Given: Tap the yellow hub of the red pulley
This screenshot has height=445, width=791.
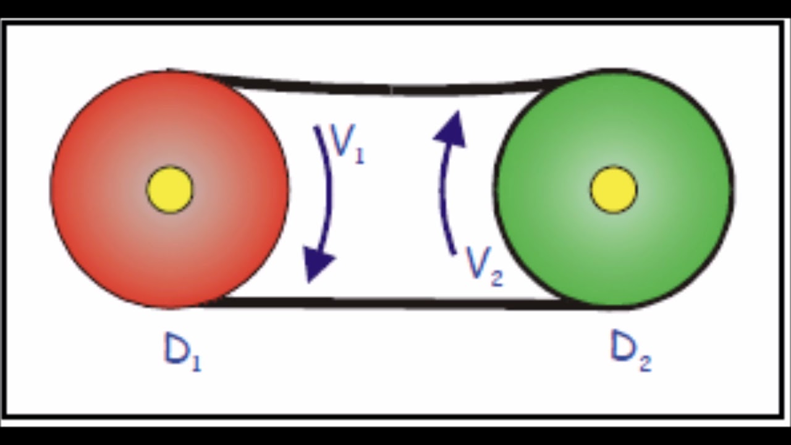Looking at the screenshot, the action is (170, 190).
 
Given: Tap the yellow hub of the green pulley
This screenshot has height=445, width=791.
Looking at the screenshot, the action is (614, 190).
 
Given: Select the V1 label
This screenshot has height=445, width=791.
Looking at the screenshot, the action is (347, 144).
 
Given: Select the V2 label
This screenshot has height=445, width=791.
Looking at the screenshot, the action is (484, 266).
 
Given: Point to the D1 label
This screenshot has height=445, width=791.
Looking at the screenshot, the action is (182, 352).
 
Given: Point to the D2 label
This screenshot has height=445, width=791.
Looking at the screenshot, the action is (631, 352).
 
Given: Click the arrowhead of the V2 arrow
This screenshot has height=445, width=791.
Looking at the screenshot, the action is (451, 129).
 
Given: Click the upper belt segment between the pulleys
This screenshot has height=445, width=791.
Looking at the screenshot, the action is (392, 90).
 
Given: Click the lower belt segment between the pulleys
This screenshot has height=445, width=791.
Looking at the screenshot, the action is (392, 303).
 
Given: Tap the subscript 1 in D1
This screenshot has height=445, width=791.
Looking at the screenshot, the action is (197, 362).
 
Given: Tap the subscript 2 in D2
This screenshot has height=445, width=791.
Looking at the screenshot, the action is (646, 363).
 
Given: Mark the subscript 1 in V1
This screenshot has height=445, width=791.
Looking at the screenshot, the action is (359, 155).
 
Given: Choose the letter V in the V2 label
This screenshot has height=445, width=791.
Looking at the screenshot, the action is (477, 261).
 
